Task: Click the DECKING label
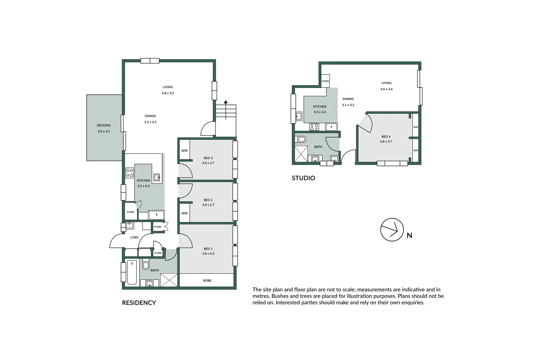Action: click(104, 125)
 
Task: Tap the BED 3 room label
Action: click(208, 158)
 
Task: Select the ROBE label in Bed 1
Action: click(207, 281)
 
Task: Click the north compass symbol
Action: click(392, 230)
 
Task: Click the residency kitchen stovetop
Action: click(129, 173)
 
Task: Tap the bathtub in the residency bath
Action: click(132, 272)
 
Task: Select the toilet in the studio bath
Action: click(301, 139)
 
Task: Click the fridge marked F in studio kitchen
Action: click(332, 127)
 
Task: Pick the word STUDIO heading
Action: click(303, 178)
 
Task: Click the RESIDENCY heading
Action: click(139, 303)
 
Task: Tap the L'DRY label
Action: click(134, 237)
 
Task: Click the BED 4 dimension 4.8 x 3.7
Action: click(386, 141)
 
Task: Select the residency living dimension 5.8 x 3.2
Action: click(168, 93)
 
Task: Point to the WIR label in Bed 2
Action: click(184, 213)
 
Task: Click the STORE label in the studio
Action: click(325, 81)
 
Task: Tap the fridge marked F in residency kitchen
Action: click(156, 215)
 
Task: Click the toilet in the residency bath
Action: click(146, 265)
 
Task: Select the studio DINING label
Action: click(348, 99)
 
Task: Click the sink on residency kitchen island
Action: click(156, 177)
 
